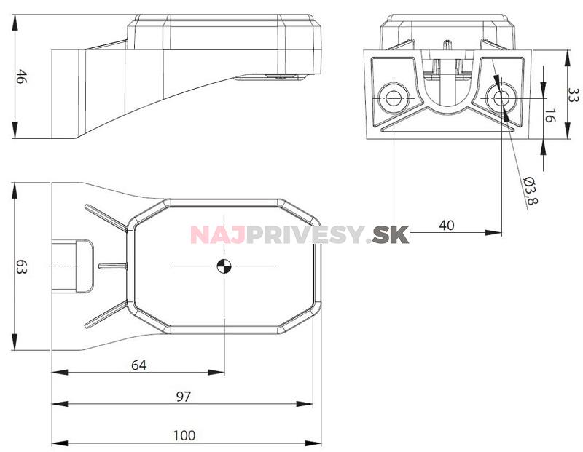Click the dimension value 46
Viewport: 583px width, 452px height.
pos(22,76)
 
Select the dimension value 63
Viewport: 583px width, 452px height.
pos(22,266)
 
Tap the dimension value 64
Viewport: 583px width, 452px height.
pos(139,365)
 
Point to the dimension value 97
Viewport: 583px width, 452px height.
pos(184,397)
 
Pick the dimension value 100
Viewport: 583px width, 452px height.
pos(184,435)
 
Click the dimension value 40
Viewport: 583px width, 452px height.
pos(447,225)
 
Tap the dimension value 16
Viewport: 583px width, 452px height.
pos(549,116)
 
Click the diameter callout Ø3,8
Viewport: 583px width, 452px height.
pos(531,190)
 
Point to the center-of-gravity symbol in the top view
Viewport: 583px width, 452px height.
pos(224,266)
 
